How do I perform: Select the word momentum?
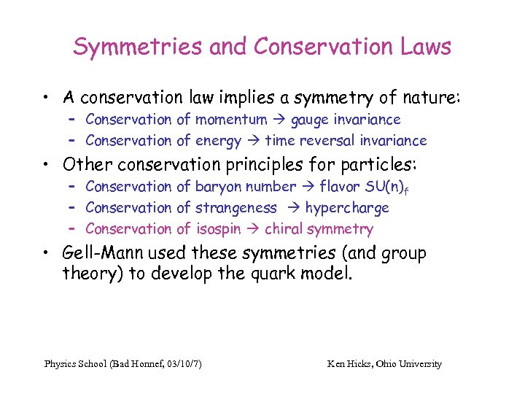233,119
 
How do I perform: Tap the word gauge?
312,119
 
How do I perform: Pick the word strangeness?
236,208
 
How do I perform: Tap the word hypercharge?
347,208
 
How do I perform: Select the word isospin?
220,229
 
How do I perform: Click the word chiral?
284,229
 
